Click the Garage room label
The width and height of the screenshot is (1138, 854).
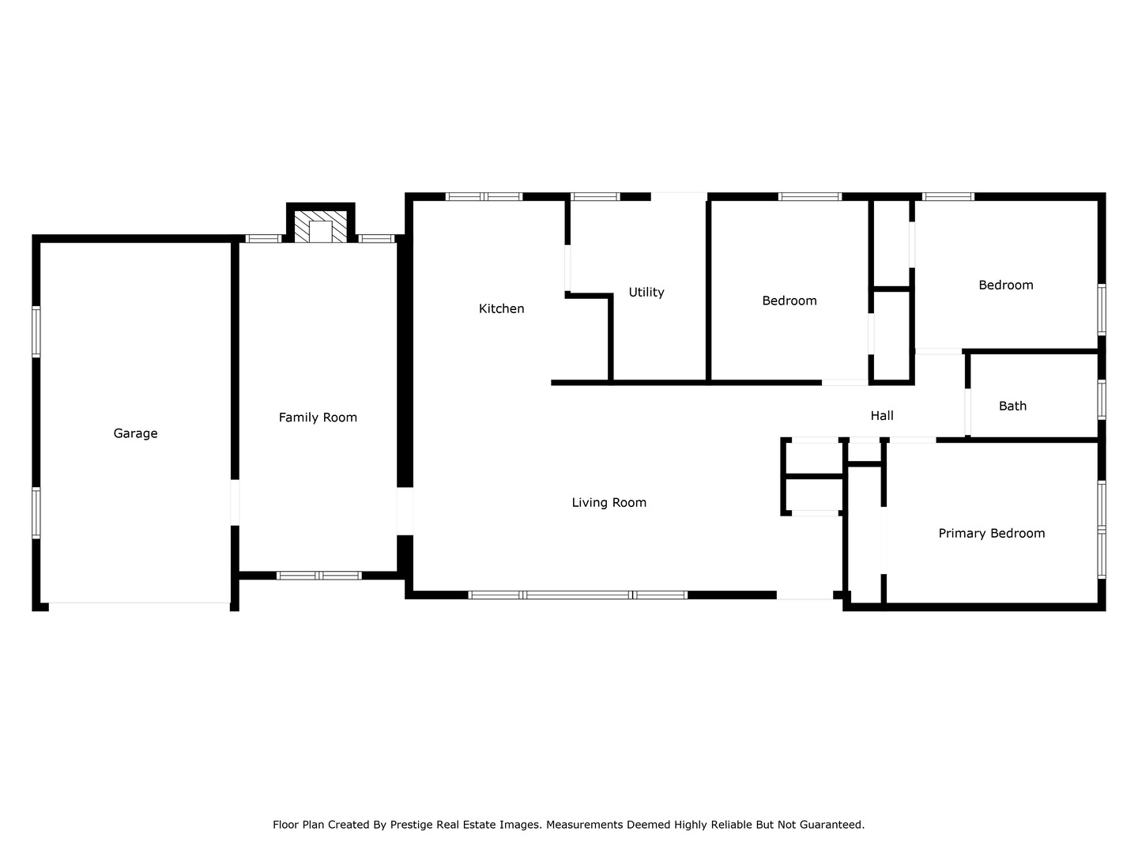(135, 433)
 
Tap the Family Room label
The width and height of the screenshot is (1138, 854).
(318, 418)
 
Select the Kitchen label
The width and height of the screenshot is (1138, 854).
(501, 309)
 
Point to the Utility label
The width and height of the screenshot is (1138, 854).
(646, 293)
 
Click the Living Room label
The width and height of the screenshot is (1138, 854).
(609, 502)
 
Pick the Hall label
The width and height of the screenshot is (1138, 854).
(882, 416)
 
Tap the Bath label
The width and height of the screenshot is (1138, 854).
(1012, 406)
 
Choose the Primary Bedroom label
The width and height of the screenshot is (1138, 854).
(991, 534)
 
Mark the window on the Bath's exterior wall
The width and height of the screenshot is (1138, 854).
(1101, 400)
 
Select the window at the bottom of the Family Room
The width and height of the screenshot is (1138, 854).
(318, 576)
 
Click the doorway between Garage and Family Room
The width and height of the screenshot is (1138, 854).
(235, 502)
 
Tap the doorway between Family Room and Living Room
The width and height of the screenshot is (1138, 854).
(405, 512)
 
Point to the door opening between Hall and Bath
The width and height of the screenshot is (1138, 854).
(967, 412)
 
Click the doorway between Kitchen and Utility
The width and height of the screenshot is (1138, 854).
(567, 269)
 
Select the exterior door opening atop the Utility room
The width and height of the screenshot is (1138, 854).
(679, 197)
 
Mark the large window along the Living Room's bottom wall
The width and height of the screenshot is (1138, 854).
(578, 595)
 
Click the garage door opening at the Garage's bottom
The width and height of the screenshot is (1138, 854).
(139, 603)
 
